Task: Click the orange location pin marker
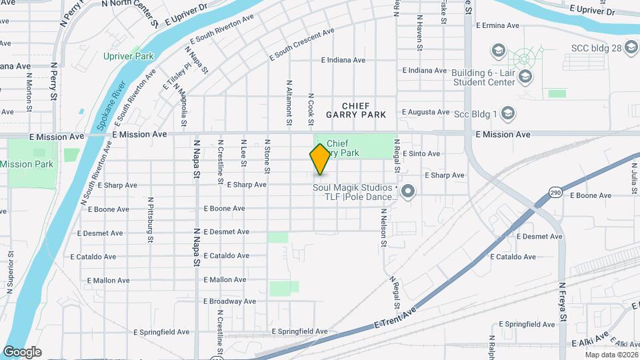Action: coord(320,159)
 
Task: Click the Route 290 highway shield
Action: coord(555,193)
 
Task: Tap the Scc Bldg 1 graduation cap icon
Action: coord(507,113)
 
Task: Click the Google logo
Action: coord(22,352)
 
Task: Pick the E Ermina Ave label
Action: coord(497,25)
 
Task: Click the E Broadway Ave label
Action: coord(229,301)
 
